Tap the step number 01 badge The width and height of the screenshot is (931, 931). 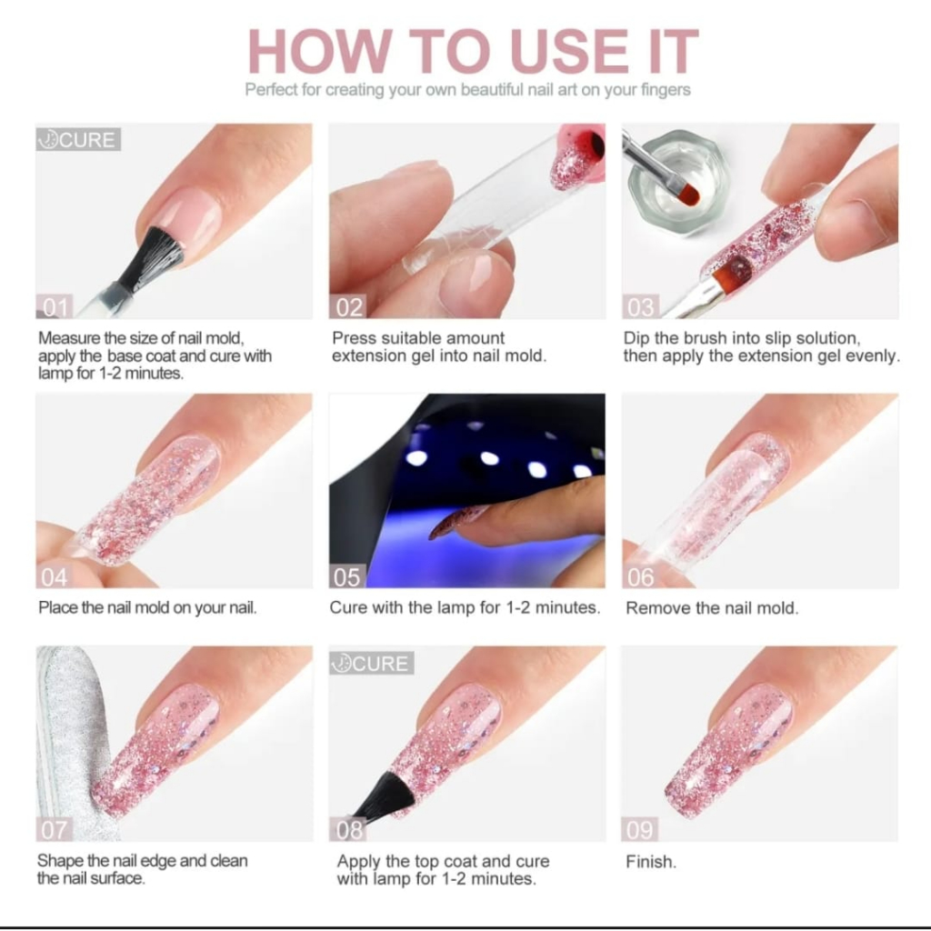click(x=55, y=306)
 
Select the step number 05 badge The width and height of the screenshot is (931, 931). click(x=347, y=576)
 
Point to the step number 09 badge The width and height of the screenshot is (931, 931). click(x=640, y=829)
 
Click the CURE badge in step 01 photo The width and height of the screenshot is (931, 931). click(x=78, y=139)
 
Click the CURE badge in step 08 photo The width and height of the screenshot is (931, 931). click(x=372, y=663)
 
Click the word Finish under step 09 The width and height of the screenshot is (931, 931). click(x=651, y=862)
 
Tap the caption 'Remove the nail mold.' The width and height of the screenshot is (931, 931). click(x=712, y=608)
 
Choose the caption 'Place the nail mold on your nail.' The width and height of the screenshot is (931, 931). click(x=147, y=608)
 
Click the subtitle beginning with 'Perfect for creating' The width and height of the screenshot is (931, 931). click(x=468, y=90)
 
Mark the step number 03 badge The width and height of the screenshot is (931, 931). click(x=641, y=306)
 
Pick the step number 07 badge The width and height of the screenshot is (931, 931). click(x=55, y=829)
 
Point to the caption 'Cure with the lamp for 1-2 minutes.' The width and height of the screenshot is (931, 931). click(x=465, y=607)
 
